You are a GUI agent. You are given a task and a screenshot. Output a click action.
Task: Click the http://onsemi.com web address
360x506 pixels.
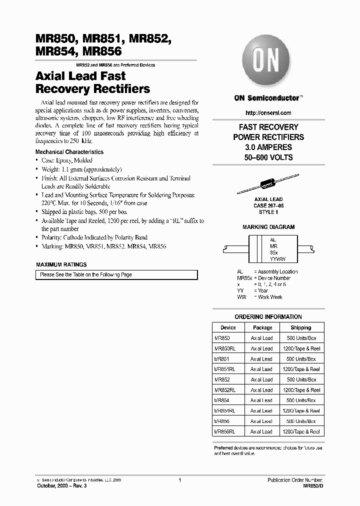(268, 113)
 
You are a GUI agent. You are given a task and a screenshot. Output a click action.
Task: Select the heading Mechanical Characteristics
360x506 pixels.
(69, 152)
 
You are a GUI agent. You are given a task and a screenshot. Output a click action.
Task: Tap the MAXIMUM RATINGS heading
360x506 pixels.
(61, 264)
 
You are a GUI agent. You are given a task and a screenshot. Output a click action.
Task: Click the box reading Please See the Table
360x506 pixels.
(116, 274)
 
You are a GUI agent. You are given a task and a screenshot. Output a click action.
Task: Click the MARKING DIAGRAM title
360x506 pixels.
(268, 227)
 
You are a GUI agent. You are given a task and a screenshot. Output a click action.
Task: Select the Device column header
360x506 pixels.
(227, 328)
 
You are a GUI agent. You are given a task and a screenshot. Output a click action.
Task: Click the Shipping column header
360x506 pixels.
(300, 328)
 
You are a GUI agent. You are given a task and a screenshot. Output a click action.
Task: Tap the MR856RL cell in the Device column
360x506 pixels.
(225, 431)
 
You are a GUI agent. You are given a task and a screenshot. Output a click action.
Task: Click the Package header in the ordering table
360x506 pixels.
(262, 328)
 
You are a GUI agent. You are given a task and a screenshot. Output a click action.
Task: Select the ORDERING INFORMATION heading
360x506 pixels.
(268, 317)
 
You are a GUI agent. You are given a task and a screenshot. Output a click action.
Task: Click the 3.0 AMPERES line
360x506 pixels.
(268, 147)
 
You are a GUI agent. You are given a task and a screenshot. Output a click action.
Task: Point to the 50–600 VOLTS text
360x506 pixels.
(268, 157)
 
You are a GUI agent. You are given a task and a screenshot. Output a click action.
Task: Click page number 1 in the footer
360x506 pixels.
(179, 480)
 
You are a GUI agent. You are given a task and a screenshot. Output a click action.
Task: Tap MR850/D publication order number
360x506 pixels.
(313, 486)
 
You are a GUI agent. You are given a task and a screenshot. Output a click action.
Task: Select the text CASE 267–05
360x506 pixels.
(268, 204)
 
